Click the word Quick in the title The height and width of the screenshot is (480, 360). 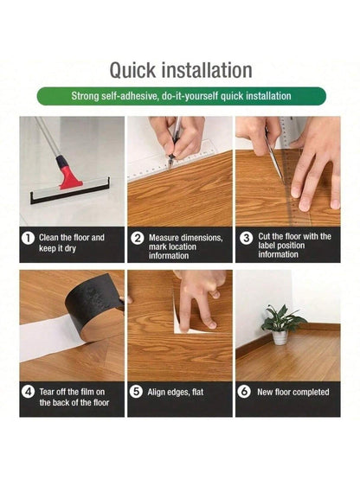(x=132, y=71)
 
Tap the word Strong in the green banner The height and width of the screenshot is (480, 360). (x=83, y=96)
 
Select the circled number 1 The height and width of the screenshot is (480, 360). (x=28, y=238)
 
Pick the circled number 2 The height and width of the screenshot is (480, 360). (x=137, y=238)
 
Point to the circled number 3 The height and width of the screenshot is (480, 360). (x=246, y=238)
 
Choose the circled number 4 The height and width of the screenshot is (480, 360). (x=28, y=392)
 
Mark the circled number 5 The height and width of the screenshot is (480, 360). (x=136, y=392)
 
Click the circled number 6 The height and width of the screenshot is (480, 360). (x=244, y=392)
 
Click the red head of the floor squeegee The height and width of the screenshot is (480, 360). (x=69, y=177)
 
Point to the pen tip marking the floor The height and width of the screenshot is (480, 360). (x=169, y=167)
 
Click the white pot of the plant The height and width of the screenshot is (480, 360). (x=280, y=337)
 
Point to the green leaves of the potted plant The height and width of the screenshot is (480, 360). (x=281, y=318)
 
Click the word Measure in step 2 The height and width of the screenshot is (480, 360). (x=164, y=238)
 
